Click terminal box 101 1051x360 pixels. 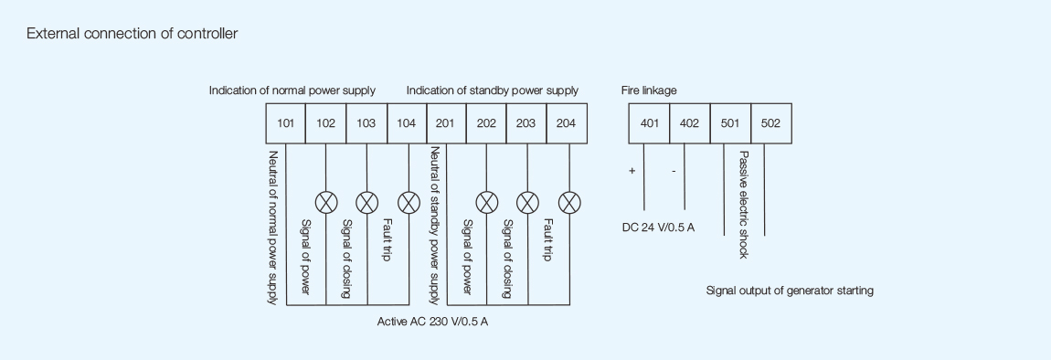tap(285, 124)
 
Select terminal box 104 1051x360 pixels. tap(407, 124)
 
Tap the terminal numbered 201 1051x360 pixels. tap(447, 124)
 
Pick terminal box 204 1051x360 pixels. tap(567, 124)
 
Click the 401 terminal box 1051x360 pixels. tap(649, 124)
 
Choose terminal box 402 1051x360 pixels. tap(690, 124)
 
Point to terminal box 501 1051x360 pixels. tap(730, 124)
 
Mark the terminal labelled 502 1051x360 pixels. tap(770, 124)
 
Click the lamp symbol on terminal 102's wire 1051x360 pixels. tap(326, 202)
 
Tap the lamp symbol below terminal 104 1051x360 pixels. tap(408, 202)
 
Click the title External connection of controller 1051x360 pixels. tap(133, 34)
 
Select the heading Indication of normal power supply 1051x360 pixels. tap(292, 90)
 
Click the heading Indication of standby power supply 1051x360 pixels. tap(493, 90)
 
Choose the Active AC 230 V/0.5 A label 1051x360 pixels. tap(439, 322)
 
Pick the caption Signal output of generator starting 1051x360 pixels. tap(790, 291)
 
